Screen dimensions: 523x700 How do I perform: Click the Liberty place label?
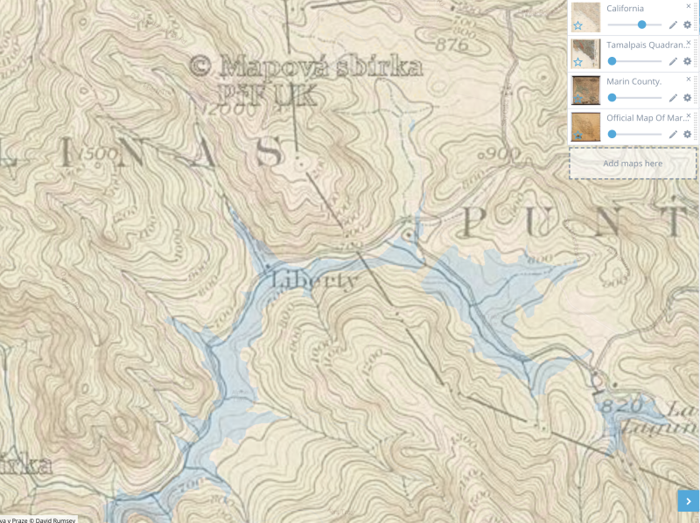pyautogui.click(x=315, y=282)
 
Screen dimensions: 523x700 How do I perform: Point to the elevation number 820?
pyautogui.click(x=622, y=405)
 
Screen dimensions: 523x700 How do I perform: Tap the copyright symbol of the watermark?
pyautogui.click(x=200, y=65)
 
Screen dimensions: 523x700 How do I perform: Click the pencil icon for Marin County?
pyautogui.click(x=673, y=97)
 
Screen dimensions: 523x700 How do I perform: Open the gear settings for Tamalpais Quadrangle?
pyautogui.click(x=687, y=61)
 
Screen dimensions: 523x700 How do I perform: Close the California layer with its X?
pyautogui.click(x=689, y=5)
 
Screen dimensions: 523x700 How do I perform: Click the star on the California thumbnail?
pyautogui.click(x=577, y=25)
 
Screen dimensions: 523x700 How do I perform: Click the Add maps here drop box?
pyautogui.click(x=633, y=164)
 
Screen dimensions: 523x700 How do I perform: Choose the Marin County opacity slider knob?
pyautogui.click(x=612, y=97)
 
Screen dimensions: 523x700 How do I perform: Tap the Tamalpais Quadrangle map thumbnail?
pyautogui.click(x=585, y=53)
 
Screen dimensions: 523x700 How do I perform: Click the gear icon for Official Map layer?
pyautogui.click(x=687, y=134)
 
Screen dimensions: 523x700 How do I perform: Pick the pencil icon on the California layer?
pyautogui.click(x=673, y=24)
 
